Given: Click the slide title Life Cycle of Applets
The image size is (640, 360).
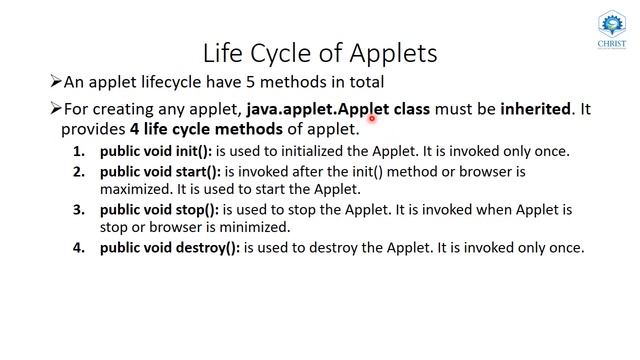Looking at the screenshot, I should pyautogui.click(x=320, y=51).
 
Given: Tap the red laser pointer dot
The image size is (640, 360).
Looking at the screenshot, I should pyautogui.click(x=372, y=118).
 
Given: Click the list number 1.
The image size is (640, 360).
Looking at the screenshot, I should pyautogui.click(x=79, y=151).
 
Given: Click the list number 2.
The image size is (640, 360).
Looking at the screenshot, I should pyautogui.click(x=79, y=171).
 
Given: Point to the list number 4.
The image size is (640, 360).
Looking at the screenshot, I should pyautogui.click(x=79, y=247).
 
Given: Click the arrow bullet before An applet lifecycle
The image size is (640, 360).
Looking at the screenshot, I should pyautogui.click(x=55, y=82).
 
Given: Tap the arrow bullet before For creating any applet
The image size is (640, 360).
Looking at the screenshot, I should pyautogui.click(x=55, y=109).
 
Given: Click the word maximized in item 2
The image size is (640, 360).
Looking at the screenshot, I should pyautogui.click(x=136, y=189).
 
